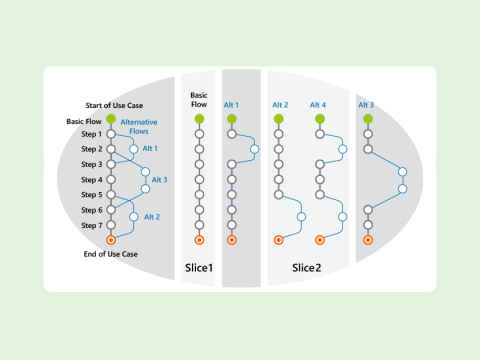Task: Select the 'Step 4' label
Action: click(92, 180)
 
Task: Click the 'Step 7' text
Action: click(92, 225)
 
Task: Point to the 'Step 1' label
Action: click(92, 134)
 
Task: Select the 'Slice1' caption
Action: click(199, 267)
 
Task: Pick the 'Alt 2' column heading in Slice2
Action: click(279, 104)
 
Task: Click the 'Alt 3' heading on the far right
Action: click(366, 104)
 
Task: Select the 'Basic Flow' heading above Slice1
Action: click(199, 100)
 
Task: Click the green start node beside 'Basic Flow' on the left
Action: click(112, 120)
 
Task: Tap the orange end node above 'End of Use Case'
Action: click(112, 240)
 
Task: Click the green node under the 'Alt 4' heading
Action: click(320, 119)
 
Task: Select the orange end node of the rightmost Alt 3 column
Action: click(368, 240)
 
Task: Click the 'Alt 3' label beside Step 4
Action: click(159, 180)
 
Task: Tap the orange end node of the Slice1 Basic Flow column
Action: click(199, 240)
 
